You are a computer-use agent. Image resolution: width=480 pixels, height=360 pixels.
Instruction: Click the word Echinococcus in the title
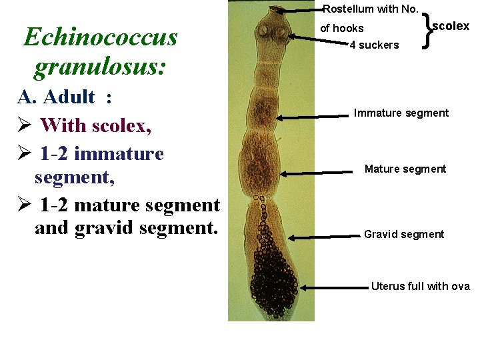(x=100, y=37)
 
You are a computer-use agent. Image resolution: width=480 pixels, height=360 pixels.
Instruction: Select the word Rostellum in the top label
(x=347, y=9)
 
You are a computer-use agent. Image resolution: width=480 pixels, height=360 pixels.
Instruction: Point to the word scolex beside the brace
(x=451, y=27)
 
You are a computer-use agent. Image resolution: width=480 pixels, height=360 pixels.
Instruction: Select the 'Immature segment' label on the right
(x=401, y=113)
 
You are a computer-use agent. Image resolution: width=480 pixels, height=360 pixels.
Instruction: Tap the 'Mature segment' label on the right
(x=405, y=169)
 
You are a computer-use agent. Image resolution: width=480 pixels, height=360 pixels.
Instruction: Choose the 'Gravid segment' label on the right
(x=403, y=234)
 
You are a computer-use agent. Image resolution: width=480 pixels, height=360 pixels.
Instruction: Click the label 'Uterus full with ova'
(x=420, y=287)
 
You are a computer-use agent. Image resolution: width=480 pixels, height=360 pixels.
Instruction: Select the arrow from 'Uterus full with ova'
(x=333, y=288)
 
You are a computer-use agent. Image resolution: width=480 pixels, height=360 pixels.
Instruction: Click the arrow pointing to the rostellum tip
(x=300, y=10)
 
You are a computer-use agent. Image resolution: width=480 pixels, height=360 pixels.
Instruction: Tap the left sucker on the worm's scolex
(x=264, y=31)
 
